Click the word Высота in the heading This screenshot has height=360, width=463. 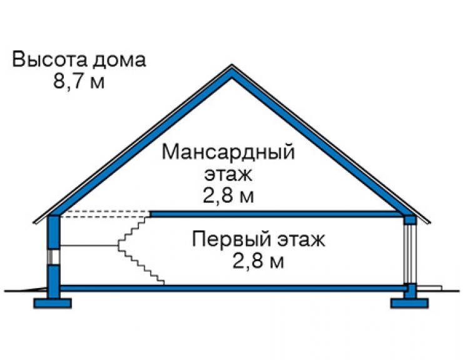click(x=49, y=59)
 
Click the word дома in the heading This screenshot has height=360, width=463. click(x=120, y=60)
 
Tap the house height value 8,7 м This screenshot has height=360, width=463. click(x=79, y=81)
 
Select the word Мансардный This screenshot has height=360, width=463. click(x=228, y=153)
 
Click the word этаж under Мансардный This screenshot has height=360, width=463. click(x=228, y=175)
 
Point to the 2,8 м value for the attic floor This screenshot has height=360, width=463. click(x=228, y=195)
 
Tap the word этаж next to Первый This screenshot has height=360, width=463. click(x=301, y=240)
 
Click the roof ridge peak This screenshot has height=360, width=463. click(x=232, y=65)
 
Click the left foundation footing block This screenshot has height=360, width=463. click(x=53, y=304)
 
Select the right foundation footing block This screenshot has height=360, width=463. click(x=410, y=304)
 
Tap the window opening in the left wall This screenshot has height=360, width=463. click(x=54, y=256)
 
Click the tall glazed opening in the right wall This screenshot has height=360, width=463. click(x=410, y=254)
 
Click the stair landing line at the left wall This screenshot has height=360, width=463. click(x=89, y=245)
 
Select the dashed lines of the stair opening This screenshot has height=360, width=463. click(x=105, y=214)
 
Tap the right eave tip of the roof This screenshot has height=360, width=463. click(x=429, y=222)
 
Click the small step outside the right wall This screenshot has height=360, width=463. click(x=429, y=287)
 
